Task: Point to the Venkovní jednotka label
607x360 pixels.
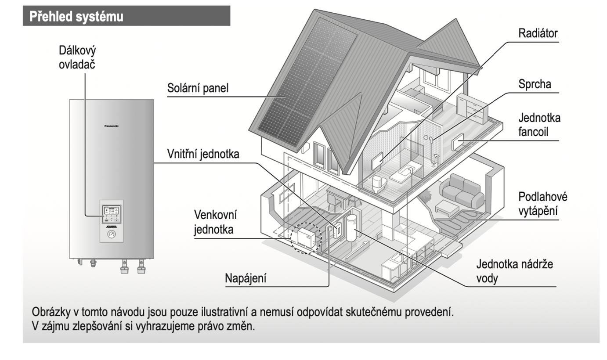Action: pos(216,222)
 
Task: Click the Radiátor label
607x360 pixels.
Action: pos(538,34)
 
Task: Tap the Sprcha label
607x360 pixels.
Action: pos(535,85)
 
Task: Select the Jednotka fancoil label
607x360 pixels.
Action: pos(539,125)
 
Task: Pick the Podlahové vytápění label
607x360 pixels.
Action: pos(542,203)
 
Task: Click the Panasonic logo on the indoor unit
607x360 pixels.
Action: pos(111,126)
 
